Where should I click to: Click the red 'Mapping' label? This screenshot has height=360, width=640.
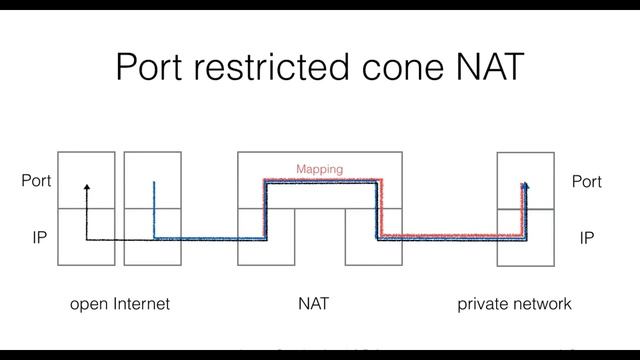(319, 170)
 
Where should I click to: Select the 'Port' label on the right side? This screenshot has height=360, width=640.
(586, 182)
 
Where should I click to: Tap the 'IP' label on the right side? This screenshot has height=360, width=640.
(587, 240)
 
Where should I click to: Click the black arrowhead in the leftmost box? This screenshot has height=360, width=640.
(86, 187)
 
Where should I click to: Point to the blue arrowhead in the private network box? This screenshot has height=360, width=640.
(525, 186)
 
